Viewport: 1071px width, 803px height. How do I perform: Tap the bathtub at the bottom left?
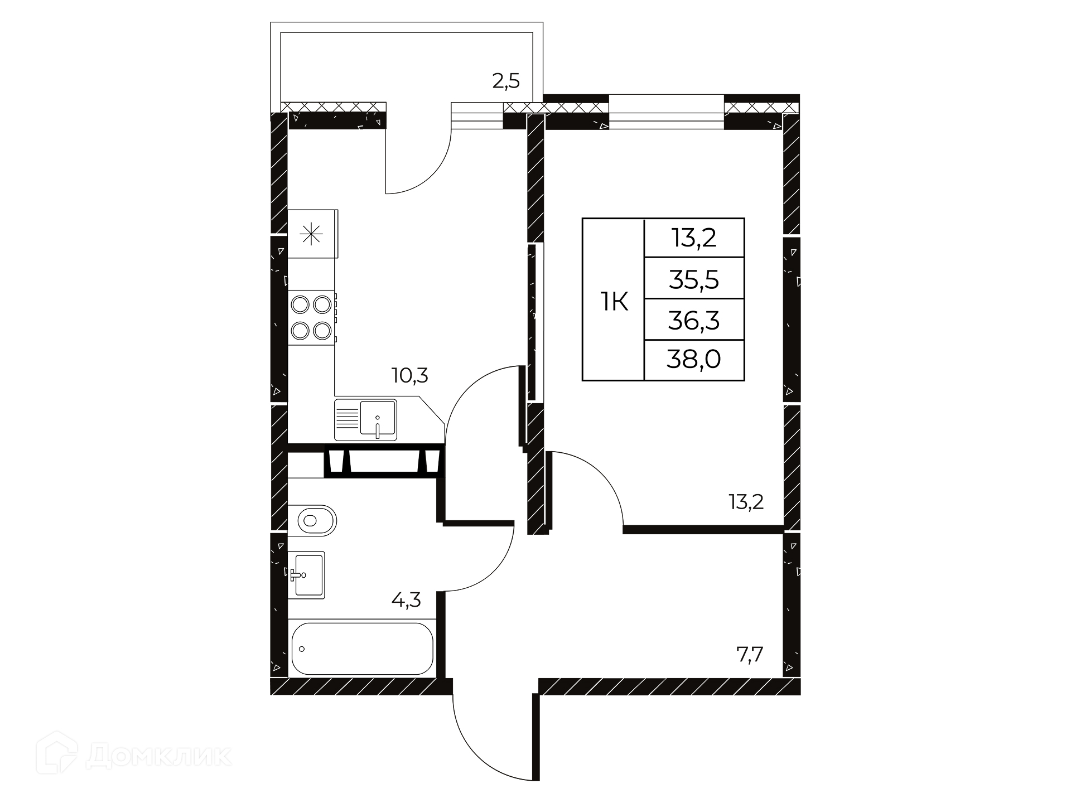(362, 649)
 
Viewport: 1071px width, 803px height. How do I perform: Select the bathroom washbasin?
(306, 575)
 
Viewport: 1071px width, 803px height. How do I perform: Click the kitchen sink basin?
(378, 417)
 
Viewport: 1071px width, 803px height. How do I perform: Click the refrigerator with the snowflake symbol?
(312, 234)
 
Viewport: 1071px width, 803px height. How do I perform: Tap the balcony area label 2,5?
(506, 82)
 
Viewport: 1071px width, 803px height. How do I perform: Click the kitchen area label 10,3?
(410, 376)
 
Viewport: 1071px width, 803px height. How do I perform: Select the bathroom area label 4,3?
(406, 601)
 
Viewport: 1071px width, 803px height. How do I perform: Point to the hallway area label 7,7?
(750, 653)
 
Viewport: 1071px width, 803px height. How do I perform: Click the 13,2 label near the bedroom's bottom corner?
(746, 502)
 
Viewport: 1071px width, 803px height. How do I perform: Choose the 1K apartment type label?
(614, 303)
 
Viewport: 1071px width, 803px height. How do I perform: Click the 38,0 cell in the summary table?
(694, 360)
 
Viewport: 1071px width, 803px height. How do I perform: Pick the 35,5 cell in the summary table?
(694, 279)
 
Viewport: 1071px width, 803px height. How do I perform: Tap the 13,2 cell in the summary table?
(694, 238)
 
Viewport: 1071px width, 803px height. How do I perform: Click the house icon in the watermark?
(56, 753)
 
